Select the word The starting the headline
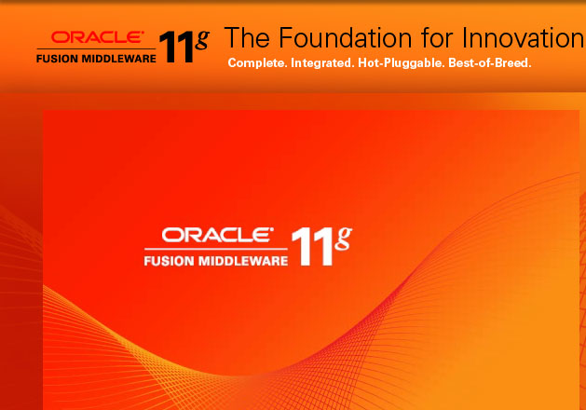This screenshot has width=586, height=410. click(246, 38)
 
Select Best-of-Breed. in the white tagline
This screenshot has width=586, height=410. click(489, 63)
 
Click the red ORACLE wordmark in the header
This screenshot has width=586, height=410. click(97, 37)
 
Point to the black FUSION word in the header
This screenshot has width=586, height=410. click(59, 56)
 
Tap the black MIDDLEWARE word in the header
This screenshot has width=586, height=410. click(118, 56)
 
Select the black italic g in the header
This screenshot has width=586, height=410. click(202, 37)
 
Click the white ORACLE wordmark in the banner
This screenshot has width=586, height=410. click(215, 235)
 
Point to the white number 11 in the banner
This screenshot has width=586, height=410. click(310, 248)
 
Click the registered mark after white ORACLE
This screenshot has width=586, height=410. click(272, 228)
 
